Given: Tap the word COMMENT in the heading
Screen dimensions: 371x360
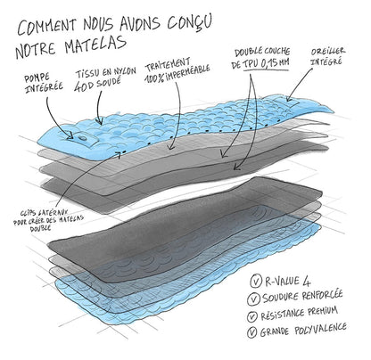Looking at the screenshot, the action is click(x=47, y=26).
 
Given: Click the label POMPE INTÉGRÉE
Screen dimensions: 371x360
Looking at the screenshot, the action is click(x=43, y=83).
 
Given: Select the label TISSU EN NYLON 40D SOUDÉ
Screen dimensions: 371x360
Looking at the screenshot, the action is click(x=105, y=78).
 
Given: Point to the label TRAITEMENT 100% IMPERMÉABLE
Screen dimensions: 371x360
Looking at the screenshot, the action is click(x=177, y=71).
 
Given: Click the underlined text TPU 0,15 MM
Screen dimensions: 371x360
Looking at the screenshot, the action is click(x=266, y=64).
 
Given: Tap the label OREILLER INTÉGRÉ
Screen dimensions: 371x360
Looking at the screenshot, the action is click(x=327, y=56).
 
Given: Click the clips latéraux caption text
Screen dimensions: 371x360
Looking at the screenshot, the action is click(x=48, y=220).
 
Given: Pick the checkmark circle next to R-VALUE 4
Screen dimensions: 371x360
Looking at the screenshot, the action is click(x=255, y=282).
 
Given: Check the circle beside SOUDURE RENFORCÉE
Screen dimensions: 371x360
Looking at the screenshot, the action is click(x=253, y=299).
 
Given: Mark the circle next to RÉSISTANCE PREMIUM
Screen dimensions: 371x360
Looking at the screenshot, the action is click(x=252, y=316).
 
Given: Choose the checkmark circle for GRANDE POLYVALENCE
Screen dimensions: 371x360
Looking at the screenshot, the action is click(x=251, y=332).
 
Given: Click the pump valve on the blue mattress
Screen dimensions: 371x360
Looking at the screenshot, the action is click(x=82, y=138).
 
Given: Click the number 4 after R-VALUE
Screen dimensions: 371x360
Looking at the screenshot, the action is click(x=307, y=281).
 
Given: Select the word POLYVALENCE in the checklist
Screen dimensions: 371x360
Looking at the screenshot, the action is click(x=321, y=330).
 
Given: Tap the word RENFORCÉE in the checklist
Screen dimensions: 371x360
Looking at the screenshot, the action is click(x=322, y=296).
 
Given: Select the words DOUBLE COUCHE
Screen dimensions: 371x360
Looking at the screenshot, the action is click(x=262, y=53).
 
